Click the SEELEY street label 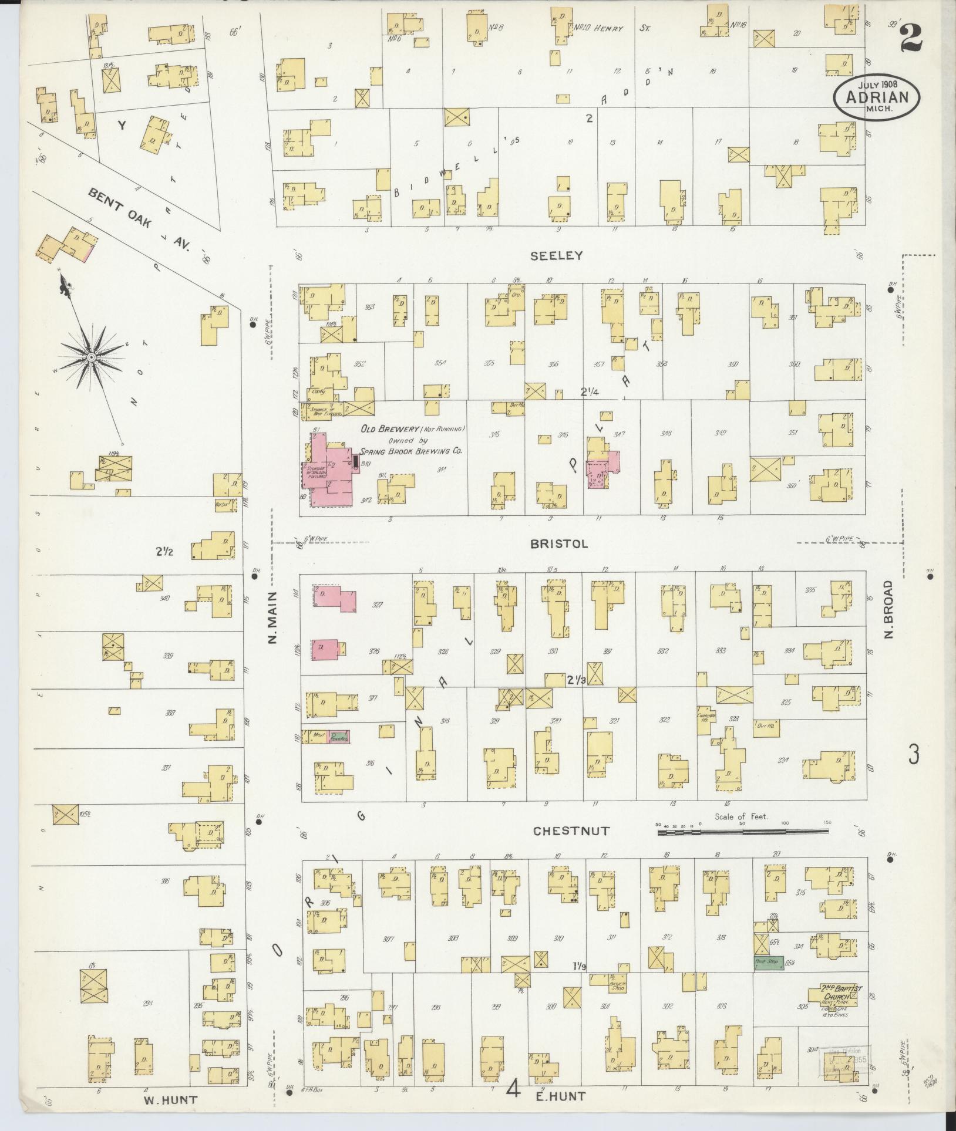pos(556,255)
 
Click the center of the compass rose pos(91,357)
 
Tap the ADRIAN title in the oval pos(876,97)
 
